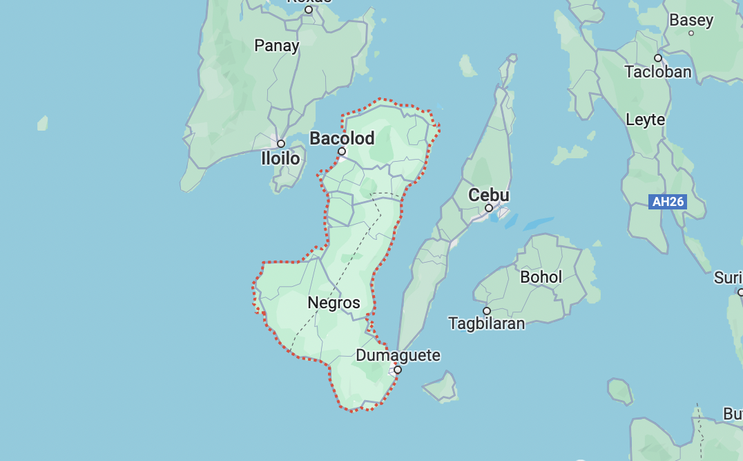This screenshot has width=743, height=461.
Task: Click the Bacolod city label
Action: [x=342, y=138]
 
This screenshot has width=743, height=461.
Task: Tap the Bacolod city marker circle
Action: [x=341, y=151]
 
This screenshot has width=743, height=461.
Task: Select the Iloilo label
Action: [x=280, y=159]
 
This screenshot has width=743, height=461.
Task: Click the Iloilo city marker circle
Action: [x=281, y=144]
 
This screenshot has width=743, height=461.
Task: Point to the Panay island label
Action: [x=277, y=46]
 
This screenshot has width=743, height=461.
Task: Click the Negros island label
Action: [x=334, y=303]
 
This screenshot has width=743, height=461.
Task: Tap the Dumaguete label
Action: [x=398, y=356]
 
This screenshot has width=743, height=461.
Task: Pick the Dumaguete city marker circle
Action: [x=398, y=370]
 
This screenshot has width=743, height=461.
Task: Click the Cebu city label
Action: [x=489, y=196]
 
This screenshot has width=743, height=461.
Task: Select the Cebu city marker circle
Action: [x=489, y=208]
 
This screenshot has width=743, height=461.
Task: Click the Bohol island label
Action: [x=541, y=277]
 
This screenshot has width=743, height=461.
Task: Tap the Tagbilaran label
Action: [x=487, y=323]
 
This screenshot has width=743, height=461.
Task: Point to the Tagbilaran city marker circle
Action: [x=487, y=311]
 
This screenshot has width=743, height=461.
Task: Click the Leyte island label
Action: [x=645, y=120]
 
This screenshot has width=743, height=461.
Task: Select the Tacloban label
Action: [x=658, y=72]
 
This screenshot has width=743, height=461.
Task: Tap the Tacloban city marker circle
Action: [x=658, y=58]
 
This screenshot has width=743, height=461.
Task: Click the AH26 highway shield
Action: [x=668, y=202]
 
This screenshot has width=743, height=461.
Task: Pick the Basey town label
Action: [x=691, y=21]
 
